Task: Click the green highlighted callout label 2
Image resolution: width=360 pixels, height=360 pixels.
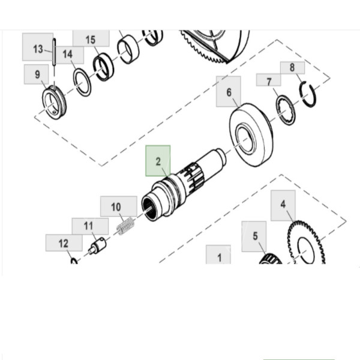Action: pos(158,161)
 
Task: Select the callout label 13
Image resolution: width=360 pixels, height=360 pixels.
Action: pos(38,49)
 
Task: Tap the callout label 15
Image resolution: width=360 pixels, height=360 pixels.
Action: pos(91,40)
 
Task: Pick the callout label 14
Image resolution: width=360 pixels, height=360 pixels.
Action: pos(68,54)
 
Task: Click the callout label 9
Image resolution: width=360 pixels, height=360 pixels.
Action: pos(37,75)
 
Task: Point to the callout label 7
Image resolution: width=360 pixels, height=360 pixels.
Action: pos(269,80)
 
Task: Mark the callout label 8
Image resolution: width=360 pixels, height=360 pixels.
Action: pos(292,67)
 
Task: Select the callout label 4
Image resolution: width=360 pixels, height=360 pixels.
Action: pos(283,204)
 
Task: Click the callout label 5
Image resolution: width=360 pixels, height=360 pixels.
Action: pos(254,236)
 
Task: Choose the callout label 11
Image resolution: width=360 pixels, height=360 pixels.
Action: pos(88,226)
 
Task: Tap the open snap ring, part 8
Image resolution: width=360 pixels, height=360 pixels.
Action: pos(308,95)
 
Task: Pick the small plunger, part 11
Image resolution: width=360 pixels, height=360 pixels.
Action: pos(97,245)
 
